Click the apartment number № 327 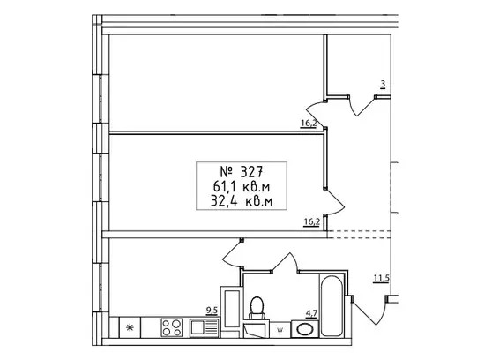click(242, 172)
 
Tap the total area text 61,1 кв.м click(242, 187)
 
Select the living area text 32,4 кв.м click(242, 201)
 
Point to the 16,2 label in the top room click(309, 124)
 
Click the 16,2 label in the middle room click(311, 222)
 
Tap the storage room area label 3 click(383, 84)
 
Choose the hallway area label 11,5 click(382, 278)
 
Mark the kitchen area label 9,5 click(212, 311)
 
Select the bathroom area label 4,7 click(312, 313)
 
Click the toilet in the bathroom click(257, 308)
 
